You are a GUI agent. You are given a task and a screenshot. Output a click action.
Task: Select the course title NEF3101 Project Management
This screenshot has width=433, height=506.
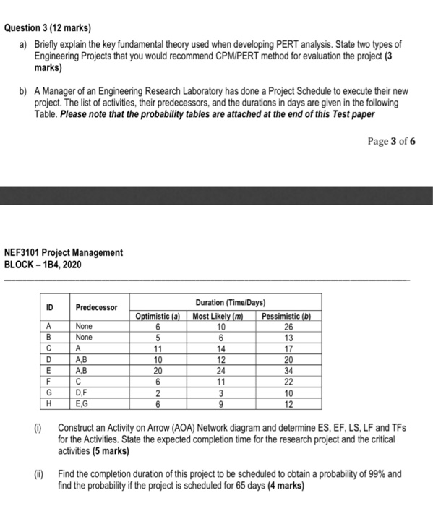click(64, 252)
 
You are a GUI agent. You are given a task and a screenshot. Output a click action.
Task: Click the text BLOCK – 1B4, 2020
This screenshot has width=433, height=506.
click(43, 264)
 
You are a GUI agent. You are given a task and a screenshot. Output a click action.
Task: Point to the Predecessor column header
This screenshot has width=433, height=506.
click(96, 307)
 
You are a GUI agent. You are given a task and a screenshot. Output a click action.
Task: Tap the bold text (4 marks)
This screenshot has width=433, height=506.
click(281, 485)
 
